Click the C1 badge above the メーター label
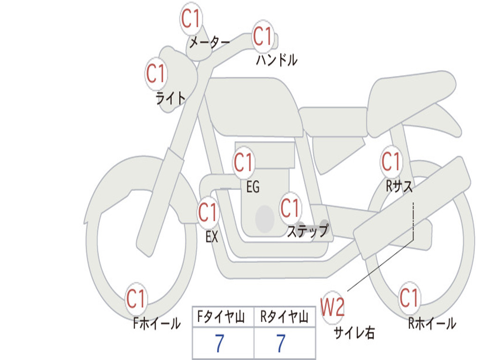pos(190,19)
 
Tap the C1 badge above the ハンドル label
pos(262,36)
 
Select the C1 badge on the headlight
pos(156,74)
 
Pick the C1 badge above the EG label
pos(243,162)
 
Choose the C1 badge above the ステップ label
pos(290,208)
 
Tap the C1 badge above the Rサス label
pos(391,161)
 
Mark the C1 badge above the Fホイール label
pos(135,299)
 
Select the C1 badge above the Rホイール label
pos(409,298)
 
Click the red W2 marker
pos(332,307)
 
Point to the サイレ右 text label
pos(354,332)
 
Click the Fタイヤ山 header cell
pos(223,316)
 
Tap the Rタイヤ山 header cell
pos(285,316)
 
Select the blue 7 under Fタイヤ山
pos(219,343)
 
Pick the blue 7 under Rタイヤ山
pos(281,343)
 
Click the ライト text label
pos(171,98)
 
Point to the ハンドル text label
pos(277,60)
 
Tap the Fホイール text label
pos(157,323)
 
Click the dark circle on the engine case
pos(265,219)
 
